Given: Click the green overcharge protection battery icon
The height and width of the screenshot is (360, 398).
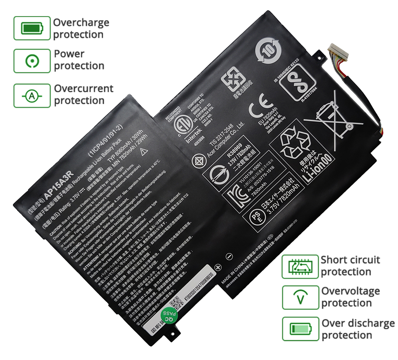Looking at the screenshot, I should [32, 28].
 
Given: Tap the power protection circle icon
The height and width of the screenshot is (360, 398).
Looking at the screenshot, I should [32, 60].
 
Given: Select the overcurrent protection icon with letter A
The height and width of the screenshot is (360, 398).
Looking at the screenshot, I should [32, 95].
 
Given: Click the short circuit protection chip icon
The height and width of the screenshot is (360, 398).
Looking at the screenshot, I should [299, 266].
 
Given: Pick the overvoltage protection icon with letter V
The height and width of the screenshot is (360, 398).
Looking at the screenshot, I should [299, 297].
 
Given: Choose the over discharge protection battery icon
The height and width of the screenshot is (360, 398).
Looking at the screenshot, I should [299, 329].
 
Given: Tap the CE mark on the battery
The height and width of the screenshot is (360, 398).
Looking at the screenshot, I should [259, 109].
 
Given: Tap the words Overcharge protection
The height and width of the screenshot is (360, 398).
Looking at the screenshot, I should [81, 28].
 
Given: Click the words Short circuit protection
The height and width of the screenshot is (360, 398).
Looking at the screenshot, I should [350, 266].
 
